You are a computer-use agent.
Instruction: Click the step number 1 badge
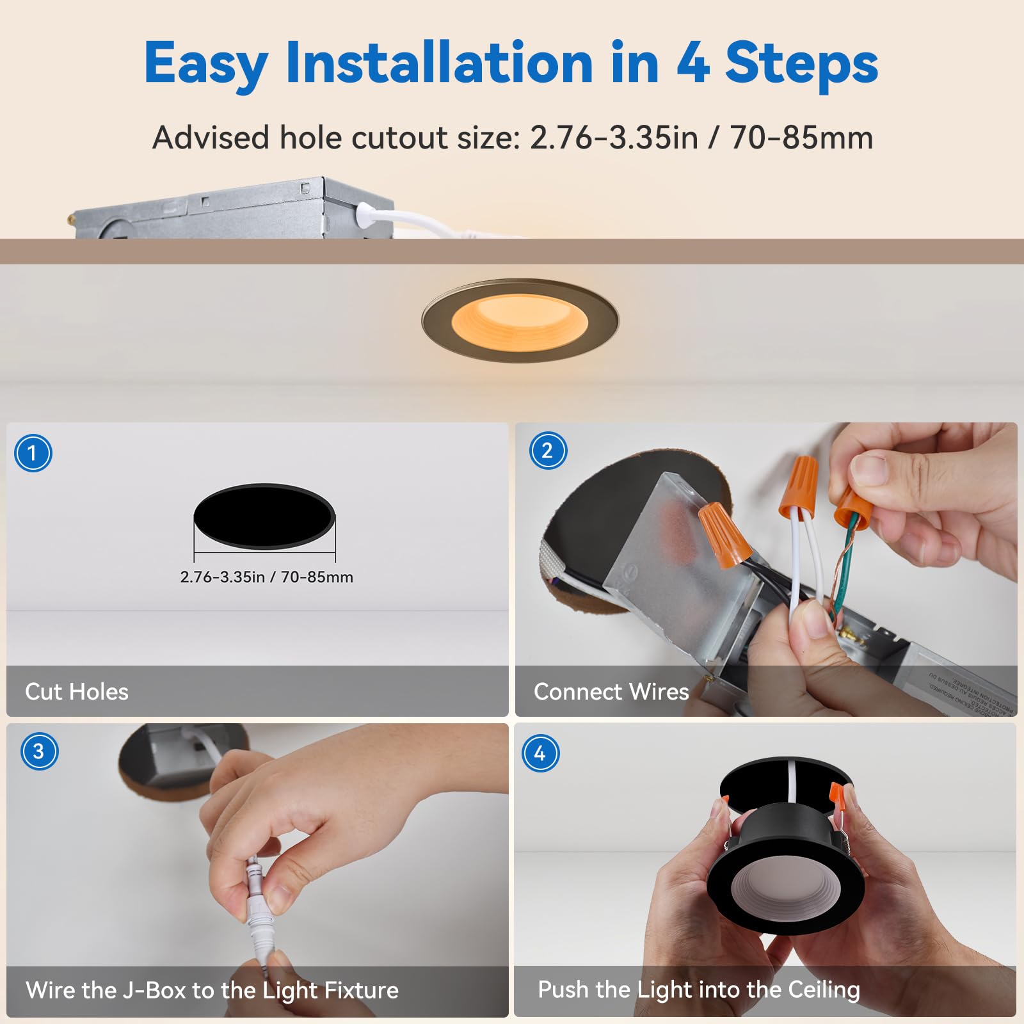(x=33, y=453)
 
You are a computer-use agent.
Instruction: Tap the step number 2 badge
(x=548, y=451)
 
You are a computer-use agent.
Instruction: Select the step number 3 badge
(x=39, y=751)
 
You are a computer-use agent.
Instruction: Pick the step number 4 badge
(x=540, y=753)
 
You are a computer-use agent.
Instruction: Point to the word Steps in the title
(x=801, y=63)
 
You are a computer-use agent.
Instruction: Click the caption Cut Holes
(x=76, y=692)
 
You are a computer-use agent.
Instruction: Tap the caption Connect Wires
(x=611, y=692)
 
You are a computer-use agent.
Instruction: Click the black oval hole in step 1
(x=264, y=516)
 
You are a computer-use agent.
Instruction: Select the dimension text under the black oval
(x=266, y=577)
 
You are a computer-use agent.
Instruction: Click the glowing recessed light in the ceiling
(x=520, y=321)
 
